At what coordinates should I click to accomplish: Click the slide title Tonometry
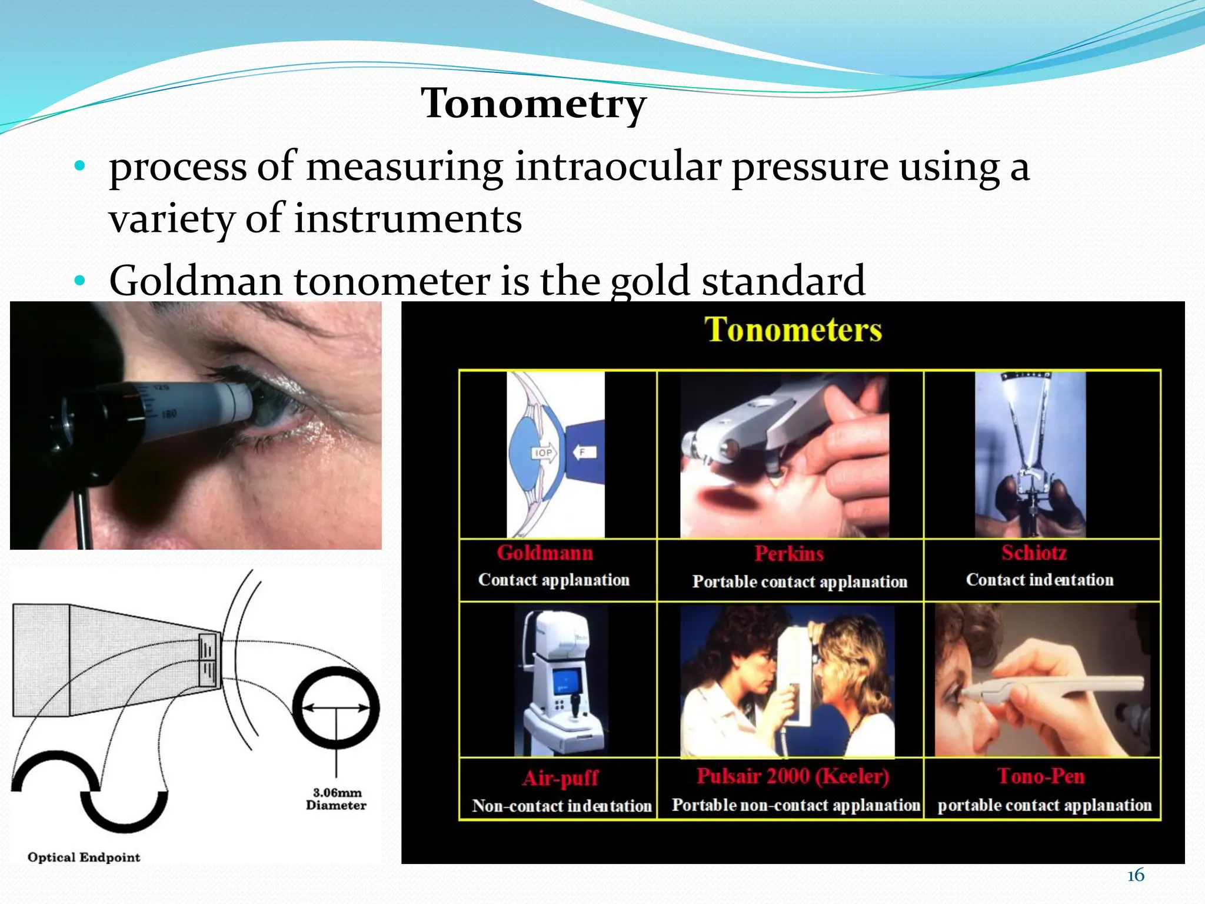(x=534, y=104)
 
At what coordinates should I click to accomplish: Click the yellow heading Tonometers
(x=793, y=330)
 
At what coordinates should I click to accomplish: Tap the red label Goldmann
(x=545, y=553)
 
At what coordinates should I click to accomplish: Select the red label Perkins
(x=789, y=553)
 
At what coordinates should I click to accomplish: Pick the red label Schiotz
(x=1034, y=553)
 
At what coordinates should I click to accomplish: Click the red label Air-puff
(x=560, y=778)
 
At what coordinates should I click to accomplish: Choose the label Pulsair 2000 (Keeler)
(x=793, y=776)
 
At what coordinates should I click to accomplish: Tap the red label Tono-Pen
(x=1041, y=776)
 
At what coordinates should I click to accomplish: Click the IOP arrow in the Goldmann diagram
(x=544, y=453)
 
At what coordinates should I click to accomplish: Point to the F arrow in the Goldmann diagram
(x=584, y=452)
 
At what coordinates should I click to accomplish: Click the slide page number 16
(x=1136, y=876)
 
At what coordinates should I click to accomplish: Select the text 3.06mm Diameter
(x=337, y=799)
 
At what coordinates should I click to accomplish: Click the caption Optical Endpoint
(x=84, y=857)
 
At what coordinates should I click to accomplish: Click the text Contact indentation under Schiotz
(x=1040, y=580)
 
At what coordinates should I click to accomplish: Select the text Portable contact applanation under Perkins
(x=800, y=581)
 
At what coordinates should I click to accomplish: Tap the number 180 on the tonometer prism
(x=169, y=414)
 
